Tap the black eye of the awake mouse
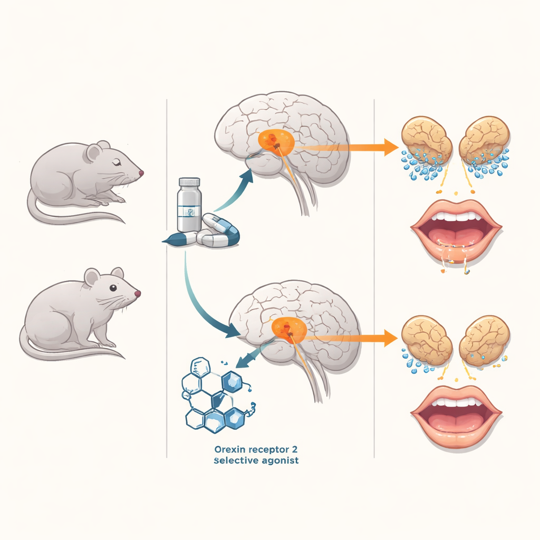(x=113, y=288)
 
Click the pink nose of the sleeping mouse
(x=141, y=173)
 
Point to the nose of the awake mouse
(x=138, y=294)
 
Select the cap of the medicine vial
(x=189, y=182)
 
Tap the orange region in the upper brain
(x=276, y=141)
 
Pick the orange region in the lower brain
(x=289, y=330)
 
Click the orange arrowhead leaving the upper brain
(x=391, y=148)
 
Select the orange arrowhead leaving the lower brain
(x=391, y=338)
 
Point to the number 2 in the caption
(x=294, y=449)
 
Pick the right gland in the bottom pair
(x=484, y=340)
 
